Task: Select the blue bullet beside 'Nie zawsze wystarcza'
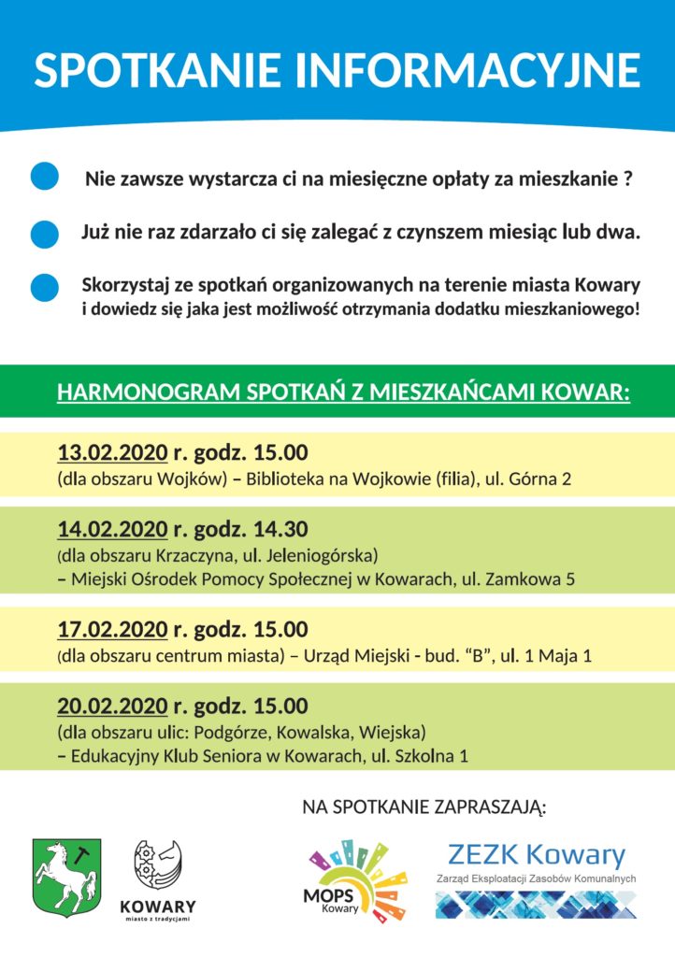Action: click(45, 177)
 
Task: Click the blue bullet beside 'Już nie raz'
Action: click(45, 234)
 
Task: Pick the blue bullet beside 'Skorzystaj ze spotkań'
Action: click(45, 288)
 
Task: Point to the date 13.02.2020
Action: click(112, 453)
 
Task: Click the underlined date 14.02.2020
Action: click(112, 530)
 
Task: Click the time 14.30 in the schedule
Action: click(281, 530)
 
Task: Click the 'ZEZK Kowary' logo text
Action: click(536, 854)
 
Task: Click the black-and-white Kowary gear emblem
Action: click(158, 865)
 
